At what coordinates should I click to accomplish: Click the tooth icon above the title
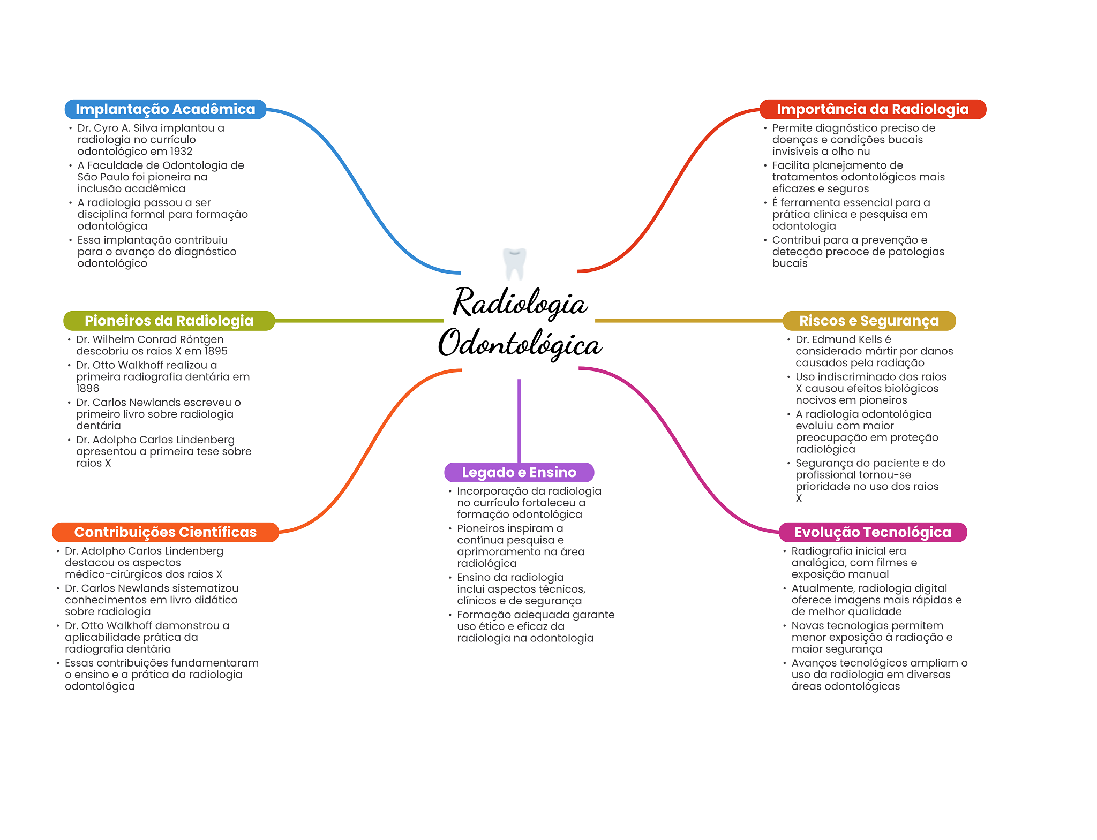click(x=514, y=263)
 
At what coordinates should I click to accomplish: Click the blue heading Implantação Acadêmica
click(x=165, y=109)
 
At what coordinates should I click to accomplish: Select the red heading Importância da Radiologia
click(x=873, y=109)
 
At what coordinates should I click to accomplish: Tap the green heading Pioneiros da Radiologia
click(x=169, y=321)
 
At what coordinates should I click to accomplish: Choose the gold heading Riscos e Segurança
click(x=869, y=321)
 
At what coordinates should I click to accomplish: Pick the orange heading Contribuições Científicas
click(x=165, y=532)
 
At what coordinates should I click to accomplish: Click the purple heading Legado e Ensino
click(x=519, y=472)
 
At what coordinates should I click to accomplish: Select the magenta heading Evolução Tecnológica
click(x=873, y=532)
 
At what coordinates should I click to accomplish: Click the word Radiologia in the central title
click(x=520, y=303)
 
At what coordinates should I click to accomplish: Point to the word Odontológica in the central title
click(x=520, y=344)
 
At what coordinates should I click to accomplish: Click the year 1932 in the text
click(x=181, y=152)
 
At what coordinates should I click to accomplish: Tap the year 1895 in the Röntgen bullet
click(x=216, y=351)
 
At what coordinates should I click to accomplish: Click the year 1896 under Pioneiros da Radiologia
click(x=87, y=389)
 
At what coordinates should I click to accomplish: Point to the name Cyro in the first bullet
click(x=106, y=128)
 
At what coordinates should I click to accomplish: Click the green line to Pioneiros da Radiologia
click(x=359, y=321)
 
